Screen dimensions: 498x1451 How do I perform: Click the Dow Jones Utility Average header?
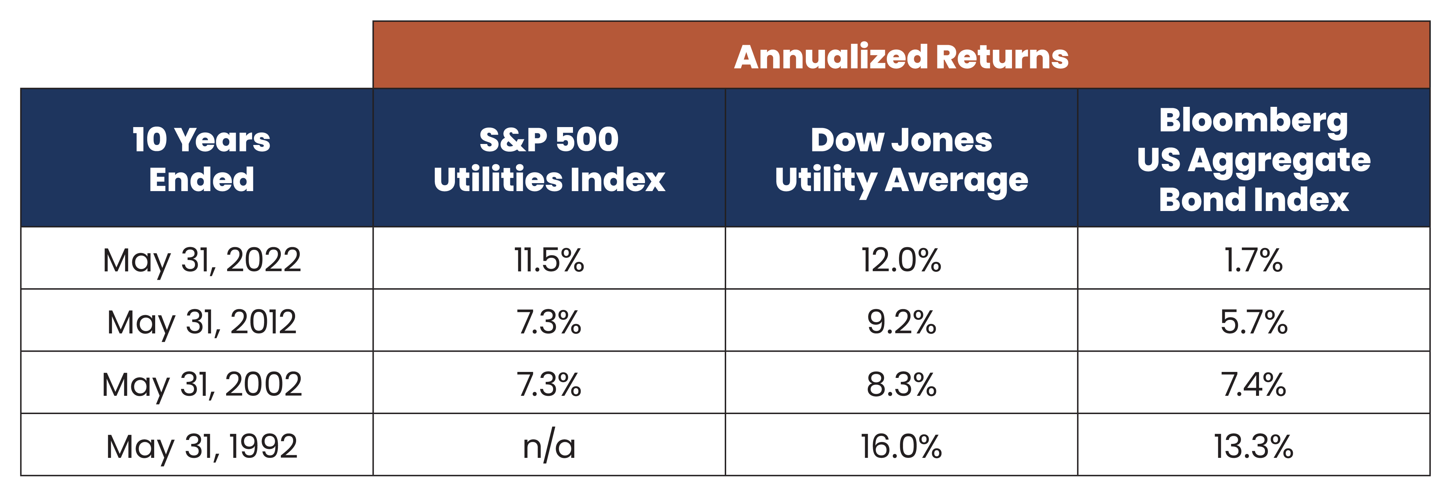click(901, 160)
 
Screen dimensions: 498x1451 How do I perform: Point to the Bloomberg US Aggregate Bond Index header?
click(1253, 160)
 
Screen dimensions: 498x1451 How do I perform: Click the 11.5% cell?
click(549, 260)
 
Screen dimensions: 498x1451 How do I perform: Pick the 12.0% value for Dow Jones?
click(901, 260)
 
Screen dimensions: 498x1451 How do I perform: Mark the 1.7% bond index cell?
click(1253, 260)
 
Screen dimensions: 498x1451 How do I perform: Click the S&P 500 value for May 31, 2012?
click(549, 322)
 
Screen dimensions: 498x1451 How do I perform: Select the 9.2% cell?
click(901, 322)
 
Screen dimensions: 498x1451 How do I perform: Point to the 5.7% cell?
click(1253, 322)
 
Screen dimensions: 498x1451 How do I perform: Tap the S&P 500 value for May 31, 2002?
click(549, 385)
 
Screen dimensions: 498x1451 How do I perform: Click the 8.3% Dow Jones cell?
click(901, 385)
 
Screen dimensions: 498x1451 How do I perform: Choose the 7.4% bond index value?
click(1253, 385)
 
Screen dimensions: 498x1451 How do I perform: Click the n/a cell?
click(549, 447)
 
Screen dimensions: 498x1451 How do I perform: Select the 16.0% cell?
click(901, 447)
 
